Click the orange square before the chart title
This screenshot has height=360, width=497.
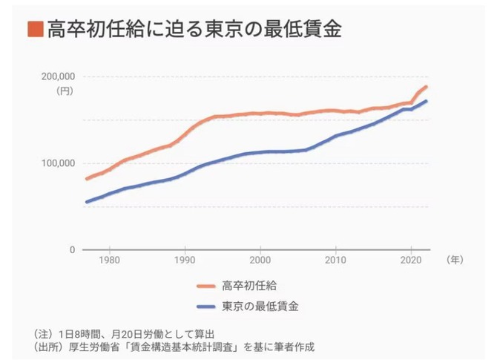pyautogui.click(x=33, y=30)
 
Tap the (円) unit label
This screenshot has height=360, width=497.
pyautogui.click(x=65, y=92)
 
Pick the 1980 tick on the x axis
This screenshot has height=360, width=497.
pyautogui.click(x=110, y=261)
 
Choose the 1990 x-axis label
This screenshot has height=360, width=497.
pyautogui.click(x=185, y=261)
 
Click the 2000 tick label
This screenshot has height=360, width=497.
pyautogui.click(x=260, y=261)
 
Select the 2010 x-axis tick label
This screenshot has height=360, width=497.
pyautogui.click(x=335, y=261)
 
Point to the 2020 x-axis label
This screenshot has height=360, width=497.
pyautogui.click(x=410, y=261)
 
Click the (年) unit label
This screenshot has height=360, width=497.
pyautogui.click(x=453, y=261)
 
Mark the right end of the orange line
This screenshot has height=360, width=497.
pyautogui.click(x=427, y=87)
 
